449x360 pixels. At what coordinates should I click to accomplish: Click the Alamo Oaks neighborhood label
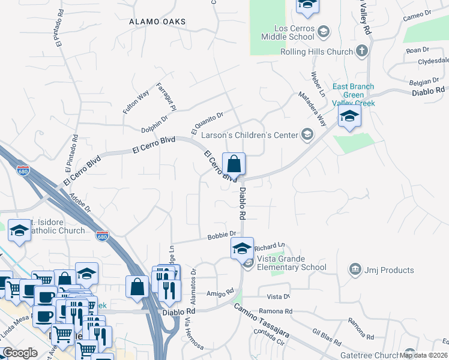coord(158,22)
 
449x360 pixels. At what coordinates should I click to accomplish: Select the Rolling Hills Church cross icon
coord(361,52)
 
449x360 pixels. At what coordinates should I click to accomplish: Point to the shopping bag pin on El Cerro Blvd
coord(234,164)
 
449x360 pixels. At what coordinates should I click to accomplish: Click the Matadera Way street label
coord(313,106)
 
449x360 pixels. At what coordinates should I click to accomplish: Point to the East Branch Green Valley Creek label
coord(354,95)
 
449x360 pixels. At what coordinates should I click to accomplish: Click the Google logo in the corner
coord(20,353)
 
